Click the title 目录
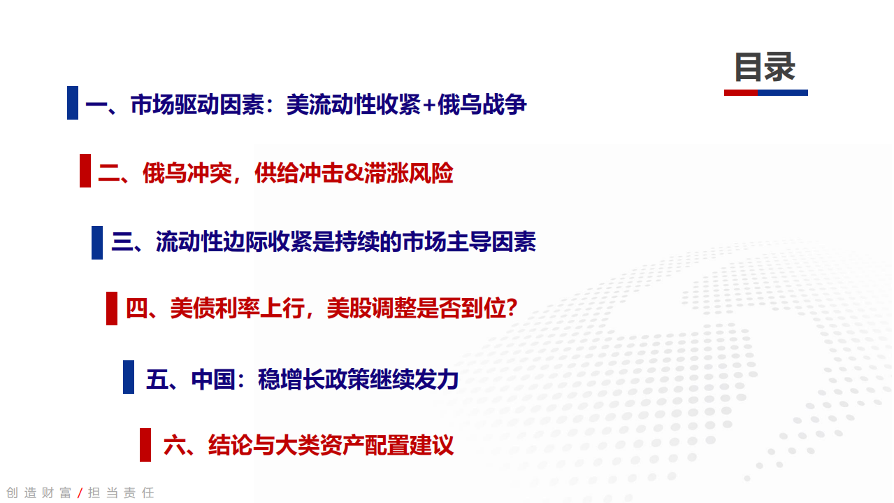[x=765, y=68]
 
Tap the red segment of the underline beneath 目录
[x=741, y=92]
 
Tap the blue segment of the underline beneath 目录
[x=783, y=92]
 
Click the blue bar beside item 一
[x=73, y=103]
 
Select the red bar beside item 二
[x=85, y=171]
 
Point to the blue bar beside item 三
[x=97, y=243]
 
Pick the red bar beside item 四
[x=112, y=309]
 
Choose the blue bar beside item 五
[x=129, y=377]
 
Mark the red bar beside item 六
[x=145, y=445]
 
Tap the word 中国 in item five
[x=213, y=379]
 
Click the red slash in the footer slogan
[x=80, y=493]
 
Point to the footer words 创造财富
[x=39, y=493]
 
